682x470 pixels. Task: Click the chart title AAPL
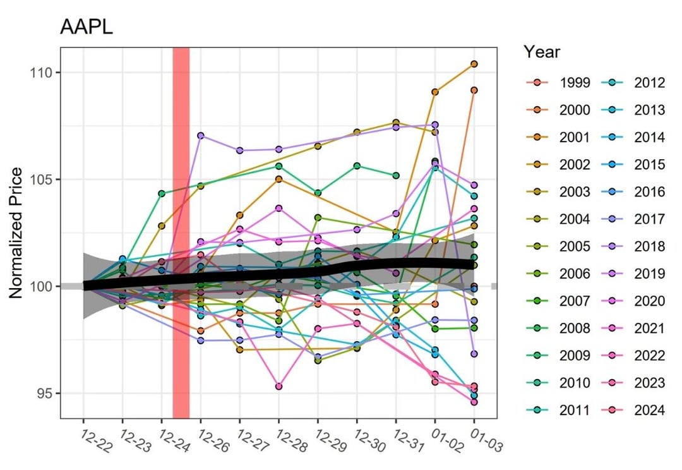coord(86,27)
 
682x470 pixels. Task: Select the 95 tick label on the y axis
coord(47,394)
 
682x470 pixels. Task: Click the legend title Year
coord(541,52)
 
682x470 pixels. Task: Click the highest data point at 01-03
coord(474,64)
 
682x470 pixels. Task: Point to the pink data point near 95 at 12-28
coord(278,386)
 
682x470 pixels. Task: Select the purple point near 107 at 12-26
coord(201,135)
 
